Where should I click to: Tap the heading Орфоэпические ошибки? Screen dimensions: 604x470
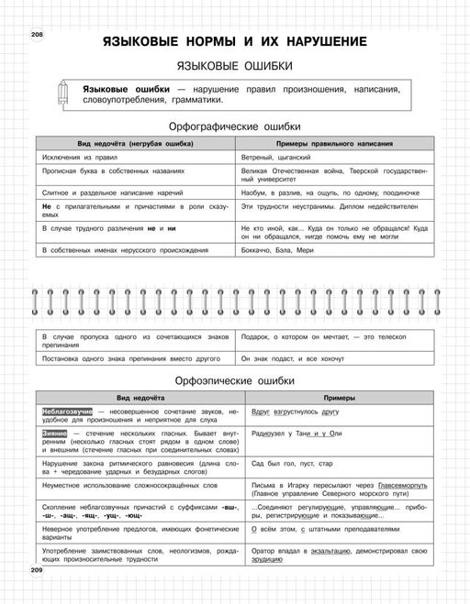(235, 379)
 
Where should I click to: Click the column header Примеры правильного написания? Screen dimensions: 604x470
(333, 144)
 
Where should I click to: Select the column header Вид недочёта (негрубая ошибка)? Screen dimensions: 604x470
(135, 144)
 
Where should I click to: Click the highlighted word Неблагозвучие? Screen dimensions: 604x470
(66, 412)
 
